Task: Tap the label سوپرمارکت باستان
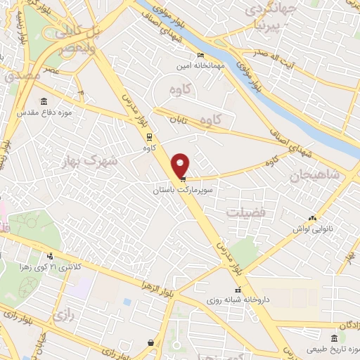[182, 190]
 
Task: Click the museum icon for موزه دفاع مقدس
[44, 101]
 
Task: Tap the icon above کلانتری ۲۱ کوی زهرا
[49, 256]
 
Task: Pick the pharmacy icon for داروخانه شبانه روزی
[237, 289]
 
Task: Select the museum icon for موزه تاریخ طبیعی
[333, 339]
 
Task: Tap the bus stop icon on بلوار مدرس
[148, 136]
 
